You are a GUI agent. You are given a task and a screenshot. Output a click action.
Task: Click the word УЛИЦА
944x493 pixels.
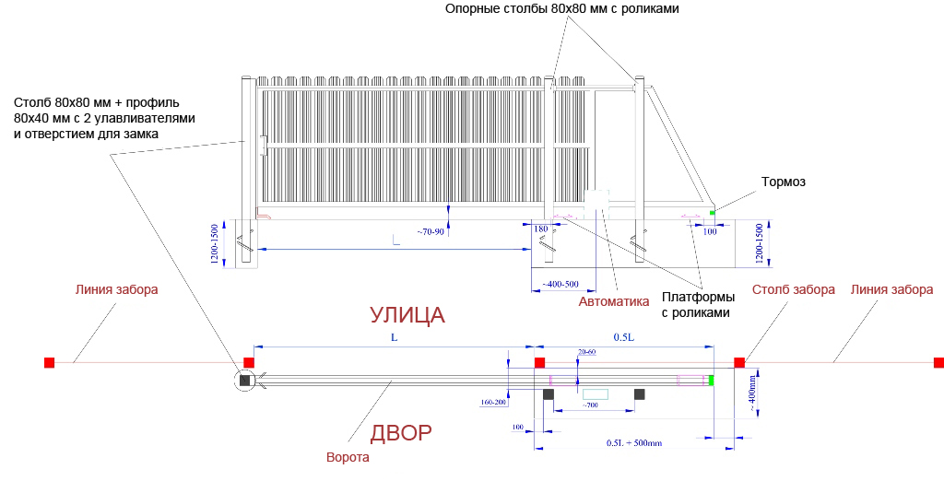pyautogui.click(x=407, y=315)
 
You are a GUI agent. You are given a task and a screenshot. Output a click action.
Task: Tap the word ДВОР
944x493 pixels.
pyautogui.click(x=401, y=433)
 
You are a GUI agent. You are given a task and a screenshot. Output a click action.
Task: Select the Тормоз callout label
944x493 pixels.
pyautogui.click(x=783, y=182)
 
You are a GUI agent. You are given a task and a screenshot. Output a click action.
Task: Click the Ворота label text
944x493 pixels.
pyautogui.click(x=348, y=458)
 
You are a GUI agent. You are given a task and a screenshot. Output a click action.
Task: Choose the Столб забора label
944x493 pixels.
pyautogui.click(x=793, y=289)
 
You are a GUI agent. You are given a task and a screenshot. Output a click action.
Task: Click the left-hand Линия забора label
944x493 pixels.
pyautogui.click(x=116, y=289)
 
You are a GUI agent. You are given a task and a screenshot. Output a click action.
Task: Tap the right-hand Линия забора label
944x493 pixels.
pyautogui.click(x=891, y=289)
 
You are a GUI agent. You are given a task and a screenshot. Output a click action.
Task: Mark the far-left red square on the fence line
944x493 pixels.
pyautogui.click(x=50, y=362)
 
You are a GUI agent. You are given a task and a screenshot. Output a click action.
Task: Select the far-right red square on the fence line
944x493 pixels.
pyautogui.click(x=938, y=362)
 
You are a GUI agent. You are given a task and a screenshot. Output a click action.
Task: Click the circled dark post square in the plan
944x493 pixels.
pyautogui.click(x=245, y=380)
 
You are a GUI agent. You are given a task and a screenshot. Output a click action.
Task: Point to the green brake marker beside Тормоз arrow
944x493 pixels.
pyautogui.click(x=712, y=213)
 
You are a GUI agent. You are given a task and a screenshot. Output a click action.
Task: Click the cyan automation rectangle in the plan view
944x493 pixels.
pyautogui.click(x=596, y=393)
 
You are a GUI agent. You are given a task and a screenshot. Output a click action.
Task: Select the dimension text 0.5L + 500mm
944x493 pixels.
pyautogui.click(x=633, y=443)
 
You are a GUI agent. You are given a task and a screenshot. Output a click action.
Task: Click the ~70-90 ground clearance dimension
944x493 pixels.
pyautogui.click(x=430, y=230)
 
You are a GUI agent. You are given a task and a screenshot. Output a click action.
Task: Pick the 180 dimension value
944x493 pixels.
pyautogui.click(x=541, y=229)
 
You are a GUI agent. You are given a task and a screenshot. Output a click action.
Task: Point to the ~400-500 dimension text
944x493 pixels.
pyautogui.click(x=560, y=284)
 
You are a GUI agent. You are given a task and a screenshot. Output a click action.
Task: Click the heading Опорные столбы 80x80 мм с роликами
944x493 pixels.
pyautogui.click(x=561, y=9)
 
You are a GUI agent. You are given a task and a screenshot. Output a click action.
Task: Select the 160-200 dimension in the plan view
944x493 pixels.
pyautogui.click(x=494, y=403)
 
